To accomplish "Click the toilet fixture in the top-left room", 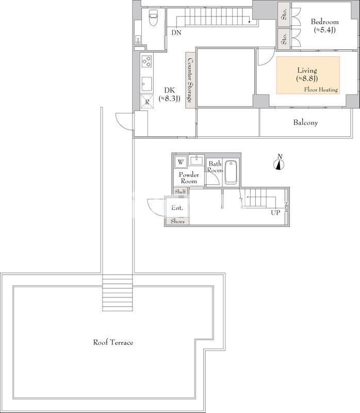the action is pos(153,18).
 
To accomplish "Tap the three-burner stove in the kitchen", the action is pos(147,61).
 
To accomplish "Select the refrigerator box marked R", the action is pos(147,101).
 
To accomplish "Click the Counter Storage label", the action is pos(190,81).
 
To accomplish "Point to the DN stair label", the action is pos(176,33).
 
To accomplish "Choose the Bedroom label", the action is pos(325,22).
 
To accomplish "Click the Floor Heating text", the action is pos(321,89).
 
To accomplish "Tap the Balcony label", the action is pos(305,122).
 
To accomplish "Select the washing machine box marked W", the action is pos(181,162).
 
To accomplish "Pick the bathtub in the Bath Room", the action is pos(231,172).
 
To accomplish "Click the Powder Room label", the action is pos(189,178).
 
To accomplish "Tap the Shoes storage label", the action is pos(177,221).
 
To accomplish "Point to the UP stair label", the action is pos(275,213).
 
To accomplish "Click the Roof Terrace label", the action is pos(113,342).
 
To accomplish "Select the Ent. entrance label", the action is pos(177,208).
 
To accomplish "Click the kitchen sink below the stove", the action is pos(147,84).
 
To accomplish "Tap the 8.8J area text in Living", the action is pos(307,78).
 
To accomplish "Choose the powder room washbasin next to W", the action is pos(197,160).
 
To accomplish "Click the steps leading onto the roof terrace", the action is pos(118,293).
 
